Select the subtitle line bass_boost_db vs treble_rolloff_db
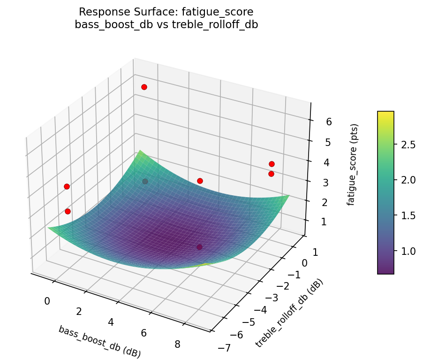(x=166, y=24)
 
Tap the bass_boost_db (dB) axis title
(x=99, y=341)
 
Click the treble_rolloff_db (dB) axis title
(x=289, y=313)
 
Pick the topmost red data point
(x=144, y=87)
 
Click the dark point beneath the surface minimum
(x=199, y=247)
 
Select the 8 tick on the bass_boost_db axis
(x=177, y=344)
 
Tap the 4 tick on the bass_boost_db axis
(x=111, y=322)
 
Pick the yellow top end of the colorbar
(x=385, y=113)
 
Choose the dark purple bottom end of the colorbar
(x=385, y=272)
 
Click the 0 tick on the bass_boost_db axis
(x=47, y=301)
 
